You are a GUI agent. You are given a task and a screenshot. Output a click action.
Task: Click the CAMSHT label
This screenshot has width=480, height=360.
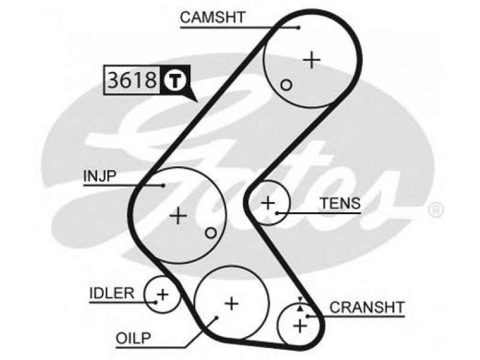(213, 17)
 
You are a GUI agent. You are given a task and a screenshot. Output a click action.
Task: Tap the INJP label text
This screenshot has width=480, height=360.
(100, 176)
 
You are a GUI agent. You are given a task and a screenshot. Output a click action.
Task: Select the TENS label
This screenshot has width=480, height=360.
(340, 203)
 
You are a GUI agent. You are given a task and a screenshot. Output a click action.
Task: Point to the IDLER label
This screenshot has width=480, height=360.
(112, 293)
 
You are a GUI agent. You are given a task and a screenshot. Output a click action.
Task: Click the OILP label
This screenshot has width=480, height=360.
(133, 338)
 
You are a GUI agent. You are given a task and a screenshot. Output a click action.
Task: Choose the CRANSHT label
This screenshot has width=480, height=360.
(367, 307)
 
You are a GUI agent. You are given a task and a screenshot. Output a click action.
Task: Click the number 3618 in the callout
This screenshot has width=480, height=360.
(132, 80)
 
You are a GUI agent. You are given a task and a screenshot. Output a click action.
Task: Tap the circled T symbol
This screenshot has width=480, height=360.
(175, 80)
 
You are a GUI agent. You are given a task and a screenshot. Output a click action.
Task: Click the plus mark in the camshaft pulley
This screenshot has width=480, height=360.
(311, 59)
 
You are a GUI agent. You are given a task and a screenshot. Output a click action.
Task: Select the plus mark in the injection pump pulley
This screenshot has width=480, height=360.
(178, 215)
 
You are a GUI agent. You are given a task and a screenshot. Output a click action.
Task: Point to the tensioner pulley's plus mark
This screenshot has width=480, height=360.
(268, 203)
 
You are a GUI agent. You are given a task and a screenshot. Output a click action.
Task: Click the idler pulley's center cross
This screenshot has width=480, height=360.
(163, 295)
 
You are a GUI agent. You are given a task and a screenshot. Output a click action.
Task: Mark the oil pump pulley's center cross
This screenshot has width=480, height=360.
(232, 304)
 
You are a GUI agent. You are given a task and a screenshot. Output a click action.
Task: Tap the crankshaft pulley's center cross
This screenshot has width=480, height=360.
(300, 325)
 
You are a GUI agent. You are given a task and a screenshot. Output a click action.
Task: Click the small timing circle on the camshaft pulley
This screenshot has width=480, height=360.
(287, 85)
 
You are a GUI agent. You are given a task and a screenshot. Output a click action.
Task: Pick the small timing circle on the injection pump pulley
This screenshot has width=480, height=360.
(211, 233)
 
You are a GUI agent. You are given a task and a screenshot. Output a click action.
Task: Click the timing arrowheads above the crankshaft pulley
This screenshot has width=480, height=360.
(301, 304)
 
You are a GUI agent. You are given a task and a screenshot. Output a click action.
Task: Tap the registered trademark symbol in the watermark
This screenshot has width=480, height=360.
(436, 210)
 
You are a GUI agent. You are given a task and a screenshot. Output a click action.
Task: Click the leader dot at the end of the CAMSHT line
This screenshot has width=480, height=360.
(299, 28)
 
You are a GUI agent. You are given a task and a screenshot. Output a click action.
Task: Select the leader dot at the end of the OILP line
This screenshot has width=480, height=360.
(217, 317)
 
